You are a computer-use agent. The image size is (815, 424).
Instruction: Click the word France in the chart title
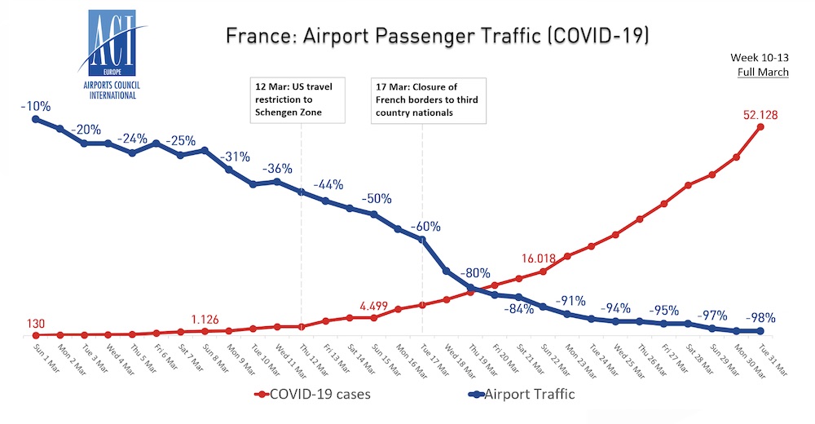click(x=249, y=37)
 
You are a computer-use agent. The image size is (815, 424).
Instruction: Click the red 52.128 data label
click(x=760, y=115)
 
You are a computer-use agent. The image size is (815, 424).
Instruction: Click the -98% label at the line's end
click(x=757, y=318)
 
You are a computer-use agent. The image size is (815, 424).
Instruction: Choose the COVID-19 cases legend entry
click(x=315, y=395)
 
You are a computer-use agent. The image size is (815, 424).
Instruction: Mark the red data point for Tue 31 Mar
click(x=760, y=127)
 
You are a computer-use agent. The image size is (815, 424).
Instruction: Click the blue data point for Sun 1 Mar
click(x=35, y=119)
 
